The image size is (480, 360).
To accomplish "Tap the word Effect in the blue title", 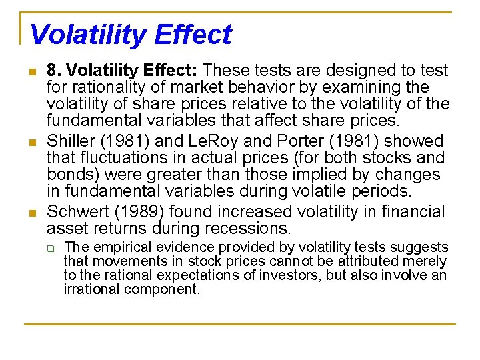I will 196,35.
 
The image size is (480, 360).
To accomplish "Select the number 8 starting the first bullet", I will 51,70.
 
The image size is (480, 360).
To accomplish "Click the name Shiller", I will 71,141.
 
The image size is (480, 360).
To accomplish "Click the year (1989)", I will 143,211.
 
